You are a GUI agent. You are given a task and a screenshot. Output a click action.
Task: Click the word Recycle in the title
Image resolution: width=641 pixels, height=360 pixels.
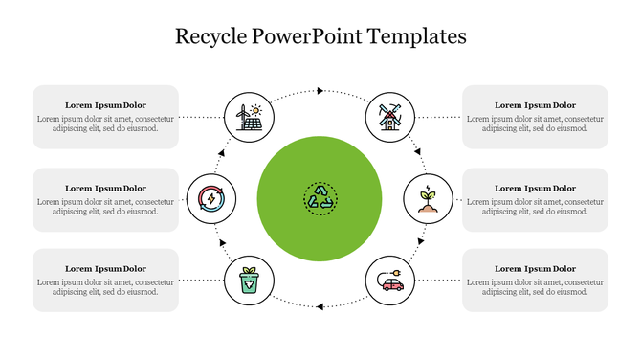pos(210,37)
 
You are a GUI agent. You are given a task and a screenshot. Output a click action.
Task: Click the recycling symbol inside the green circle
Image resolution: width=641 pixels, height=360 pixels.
pos(320,198)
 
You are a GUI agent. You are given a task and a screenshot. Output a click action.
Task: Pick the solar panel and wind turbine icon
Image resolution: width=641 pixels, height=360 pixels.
pos(248,117)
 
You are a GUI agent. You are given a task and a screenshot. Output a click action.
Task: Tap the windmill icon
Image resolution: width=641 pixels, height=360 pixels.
pos(390,117)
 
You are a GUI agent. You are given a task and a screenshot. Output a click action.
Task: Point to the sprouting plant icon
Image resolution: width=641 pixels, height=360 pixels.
pos(428,199)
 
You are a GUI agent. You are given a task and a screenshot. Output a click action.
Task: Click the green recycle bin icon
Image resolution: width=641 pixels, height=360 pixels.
pos(248,281)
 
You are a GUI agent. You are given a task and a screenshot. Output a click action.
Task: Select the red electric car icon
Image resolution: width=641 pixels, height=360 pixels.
pos(390,281)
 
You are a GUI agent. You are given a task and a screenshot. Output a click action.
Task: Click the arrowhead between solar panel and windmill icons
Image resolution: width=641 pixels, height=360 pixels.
pos(320,90)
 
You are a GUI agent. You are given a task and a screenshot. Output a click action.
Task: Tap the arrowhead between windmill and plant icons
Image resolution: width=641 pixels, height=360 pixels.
pos(417,150)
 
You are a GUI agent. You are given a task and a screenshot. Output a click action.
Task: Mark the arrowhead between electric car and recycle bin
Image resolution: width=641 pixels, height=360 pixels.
pos(320,306)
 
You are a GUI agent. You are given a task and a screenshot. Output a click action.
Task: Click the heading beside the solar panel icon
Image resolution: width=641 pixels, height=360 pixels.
pos(105,104)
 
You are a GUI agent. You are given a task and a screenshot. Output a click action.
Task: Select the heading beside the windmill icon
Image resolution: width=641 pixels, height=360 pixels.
pos(535,104)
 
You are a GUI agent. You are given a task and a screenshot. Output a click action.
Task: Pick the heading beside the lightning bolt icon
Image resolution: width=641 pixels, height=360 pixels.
pos(105,188)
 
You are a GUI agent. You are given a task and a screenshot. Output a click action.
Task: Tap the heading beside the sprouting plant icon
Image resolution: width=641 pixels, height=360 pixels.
pos(535,188)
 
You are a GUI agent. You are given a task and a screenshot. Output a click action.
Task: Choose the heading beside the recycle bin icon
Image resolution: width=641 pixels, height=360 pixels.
pos(105,269)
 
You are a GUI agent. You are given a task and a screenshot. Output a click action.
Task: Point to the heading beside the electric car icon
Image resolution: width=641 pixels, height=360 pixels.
pos(535,269)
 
